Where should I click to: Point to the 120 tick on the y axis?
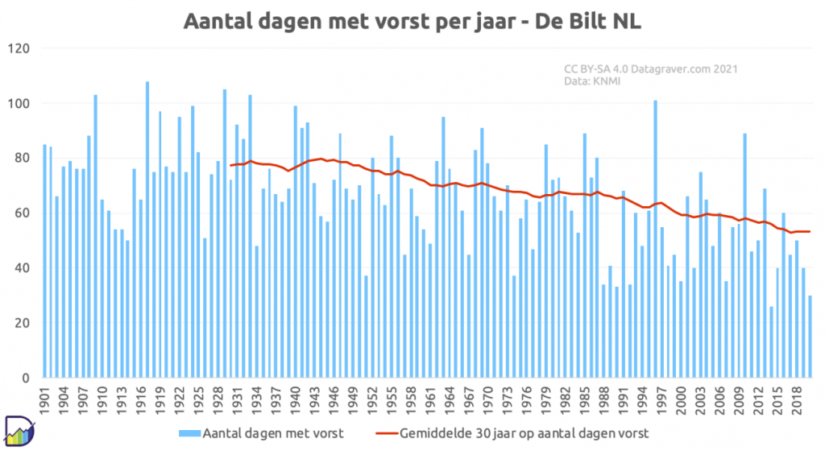tap(19, 49)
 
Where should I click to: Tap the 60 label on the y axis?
tap(22, 213)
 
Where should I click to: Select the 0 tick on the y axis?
tap(26, 378)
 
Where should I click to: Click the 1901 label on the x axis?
tap(45, 400)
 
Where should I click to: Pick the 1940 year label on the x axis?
tap(296, 400)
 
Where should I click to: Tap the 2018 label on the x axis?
tap(798, 400)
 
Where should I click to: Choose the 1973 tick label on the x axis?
tap(508, 400)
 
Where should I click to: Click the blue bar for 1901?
tap(45, 261)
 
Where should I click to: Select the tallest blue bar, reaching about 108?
tap(147, 230)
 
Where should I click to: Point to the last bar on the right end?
tap(810, 337)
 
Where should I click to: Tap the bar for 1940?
tap(296, 242)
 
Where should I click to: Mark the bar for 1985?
tap(585, 255)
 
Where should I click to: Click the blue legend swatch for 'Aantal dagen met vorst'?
tap(189, 433)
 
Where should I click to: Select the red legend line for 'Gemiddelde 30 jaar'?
tap(387, 433)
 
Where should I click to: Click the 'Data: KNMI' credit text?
tap(592, 81)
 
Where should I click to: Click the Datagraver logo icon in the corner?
tap(19, 431)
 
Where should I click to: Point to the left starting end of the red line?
tap(230, 166)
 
